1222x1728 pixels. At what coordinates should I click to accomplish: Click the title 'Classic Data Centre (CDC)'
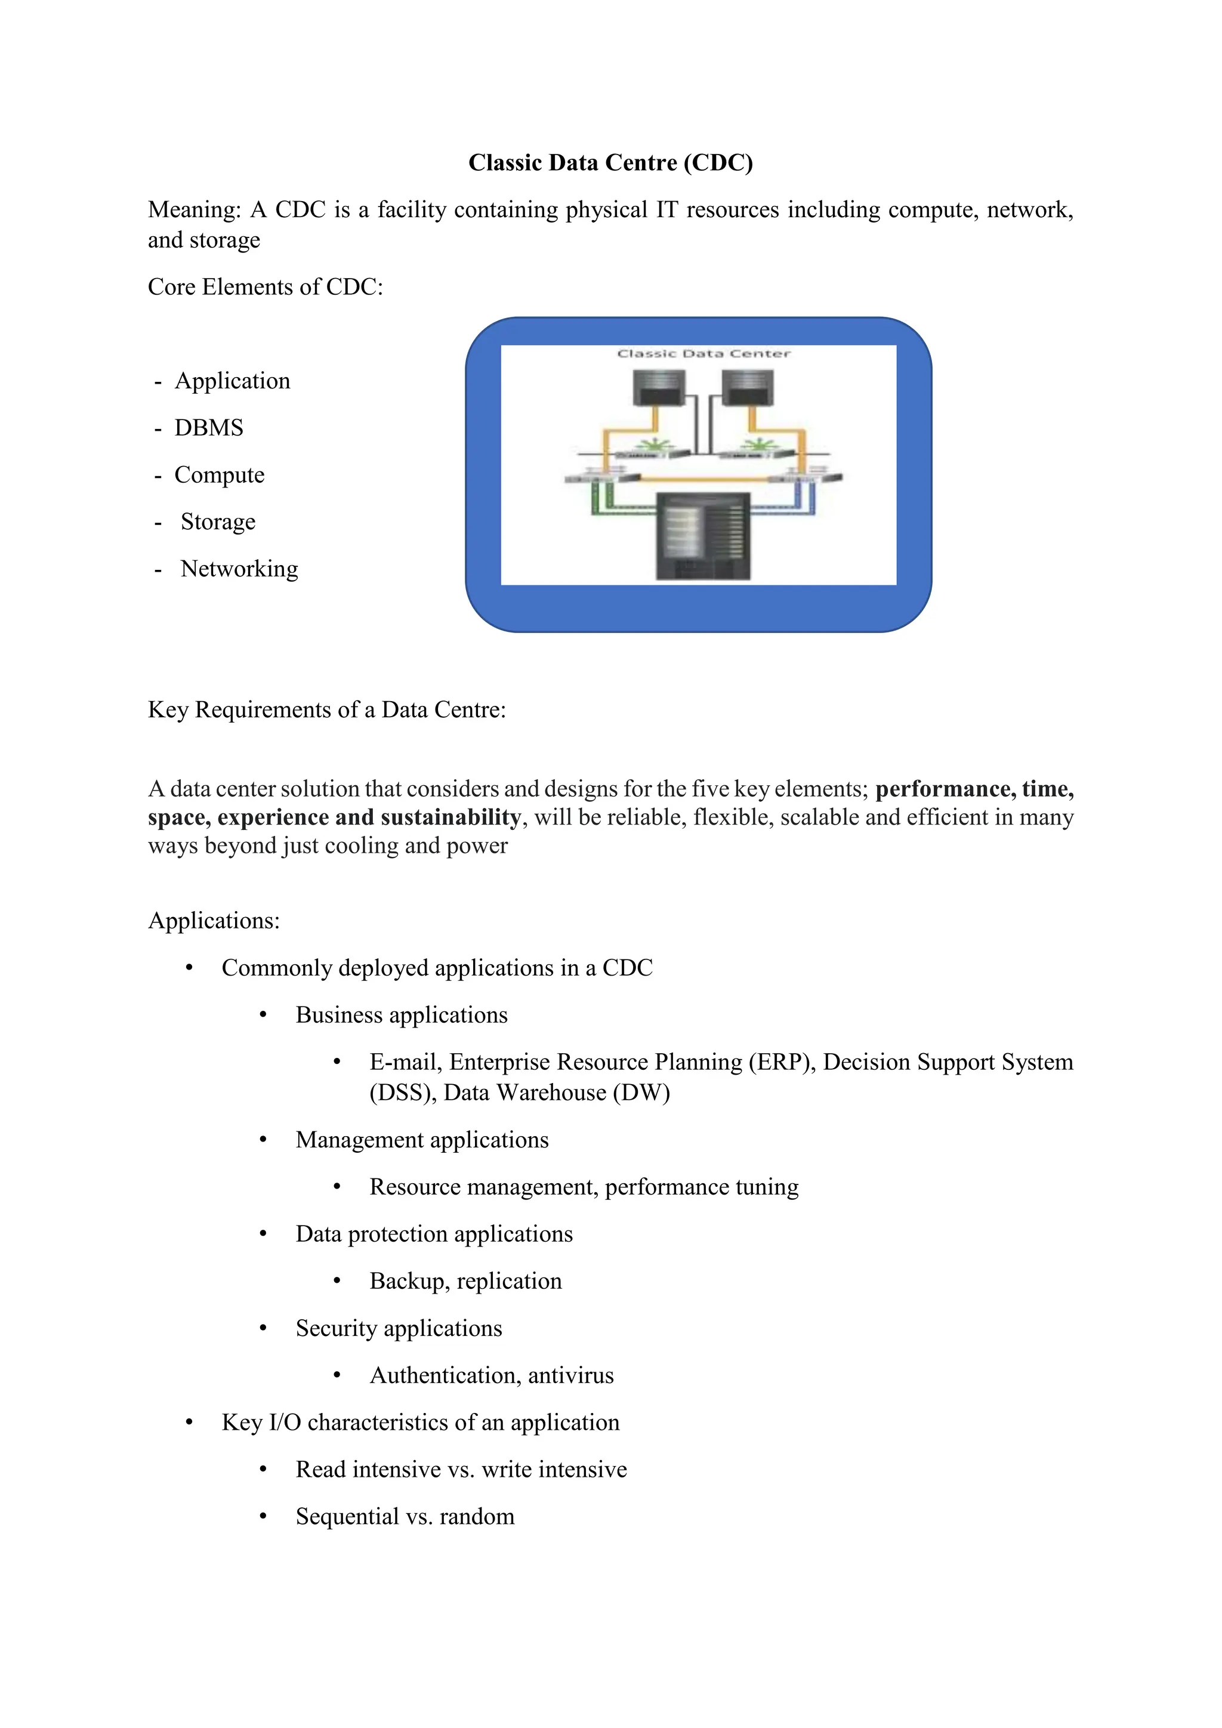click(x=610, y=162)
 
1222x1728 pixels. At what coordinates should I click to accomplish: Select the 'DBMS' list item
click(x=209, y=427)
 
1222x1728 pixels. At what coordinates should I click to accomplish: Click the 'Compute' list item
click(x=219, y=475)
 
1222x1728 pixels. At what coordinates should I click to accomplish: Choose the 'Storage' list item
click(x=218, y=522)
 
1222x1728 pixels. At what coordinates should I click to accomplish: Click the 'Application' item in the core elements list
click(x=233, y=381)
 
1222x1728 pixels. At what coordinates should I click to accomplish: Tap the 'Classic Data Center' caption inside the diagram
click(x=703, y=354)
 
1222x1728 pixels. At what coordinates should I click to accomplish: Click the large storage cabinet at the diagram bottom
click(x=703, y=535)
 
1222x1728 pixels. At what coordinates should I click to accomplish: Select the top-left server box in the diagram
click(x=659, y=389)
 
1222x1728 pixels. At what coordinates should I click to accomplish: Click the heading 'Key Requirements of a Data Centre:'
click(x=326, y=709)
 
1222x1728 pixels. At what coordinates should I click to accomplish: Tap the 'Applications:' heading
click(x=214, y=921)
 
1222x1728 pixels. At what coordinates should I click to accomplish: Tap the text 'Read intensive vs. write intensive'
click(x=461, y=1469)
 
